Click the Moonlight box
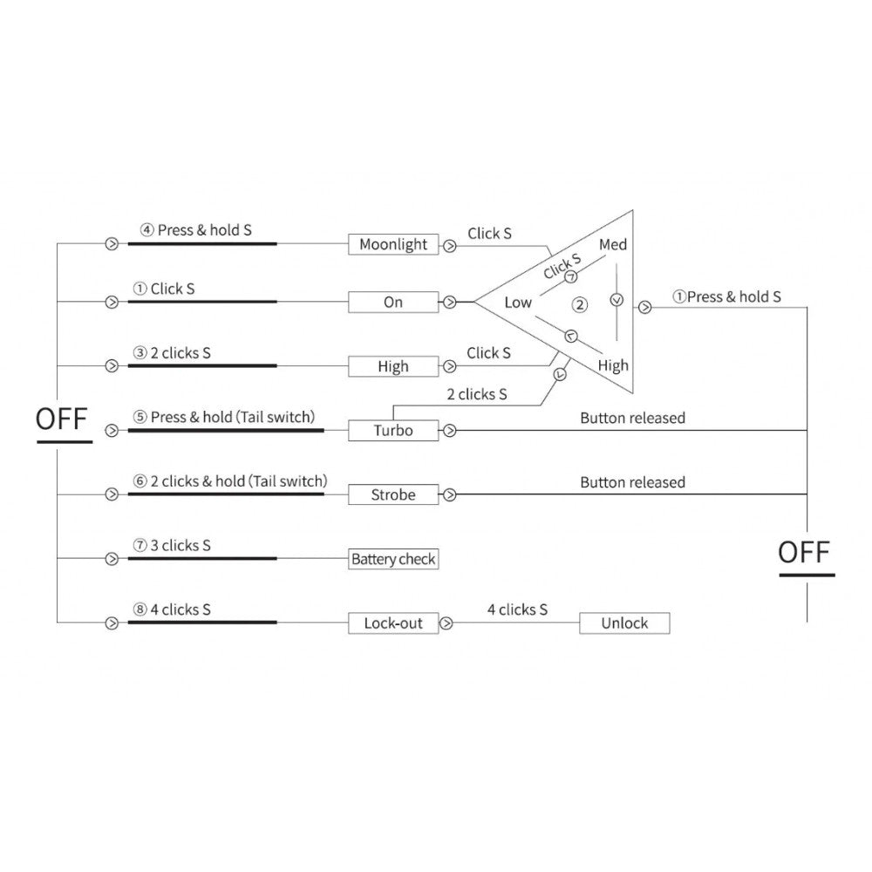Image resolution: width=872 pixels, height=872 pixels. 393,245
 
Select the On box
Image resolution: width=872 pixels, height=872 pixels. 393,303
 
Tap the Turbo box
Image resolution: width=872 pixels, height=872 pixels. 393,430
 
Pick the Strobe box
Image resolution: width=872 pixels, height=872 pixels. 393,494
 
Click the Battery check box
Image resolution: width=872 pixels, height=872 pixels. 393,559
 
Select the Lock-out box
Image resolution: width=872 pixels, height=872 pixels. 393,623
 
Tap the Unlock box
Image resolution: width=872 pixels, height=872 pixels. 625,623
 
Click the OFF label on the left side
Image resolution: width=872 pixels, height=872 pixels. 63,419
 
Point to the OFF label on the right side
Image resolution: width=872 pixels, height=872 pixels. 805,552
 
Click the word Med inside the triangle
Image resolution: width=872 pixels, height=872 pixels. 613,245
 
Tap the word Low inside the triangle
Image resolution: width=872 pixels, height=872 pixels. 518,303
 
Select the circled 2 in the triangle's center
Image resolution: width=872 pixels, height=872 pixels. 579,304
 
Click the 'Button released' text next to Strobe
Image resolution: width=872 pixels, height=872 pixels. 632,482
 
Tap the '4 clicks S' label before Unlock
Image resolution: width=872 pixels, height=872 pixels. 517,610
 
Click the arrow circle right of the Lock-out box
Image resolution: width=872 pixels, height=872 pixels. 447,623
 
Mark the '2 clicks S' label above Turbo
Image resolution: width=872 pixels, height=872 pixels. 476,394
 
